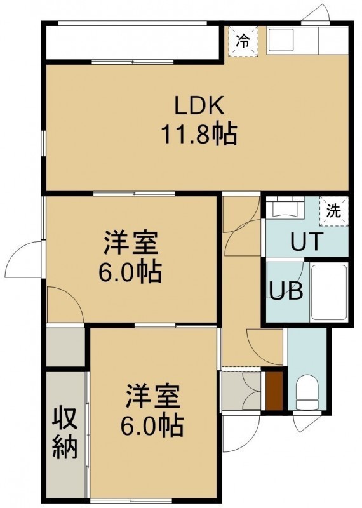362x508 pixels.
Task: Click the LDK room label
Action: click(x=199, y=105)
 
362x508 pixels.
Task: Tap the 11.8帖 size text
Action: click(x=199, y=133)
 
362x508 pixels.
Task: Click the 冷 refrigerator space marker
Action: click(x=243, y=41)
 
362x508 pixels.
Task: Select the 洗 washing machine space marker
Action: click(x=333, y=211)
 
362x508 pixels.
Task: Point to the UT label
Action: click(x=307, y=241)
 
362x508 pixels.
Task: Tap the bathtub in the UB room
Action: click(x=329, y=293)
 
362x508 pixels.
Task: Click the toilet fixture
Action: click(x=306, y=392)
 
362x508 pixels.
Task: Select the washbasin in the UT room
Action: click(x=286, y=208)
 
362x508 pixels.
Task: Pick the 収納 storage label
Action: click(x=65, y=433)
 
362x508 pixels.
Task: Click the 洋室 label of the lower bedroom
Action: click(x=153, y=396)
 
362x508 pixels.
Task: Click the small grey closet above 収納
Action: click(x=65, y=347)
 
